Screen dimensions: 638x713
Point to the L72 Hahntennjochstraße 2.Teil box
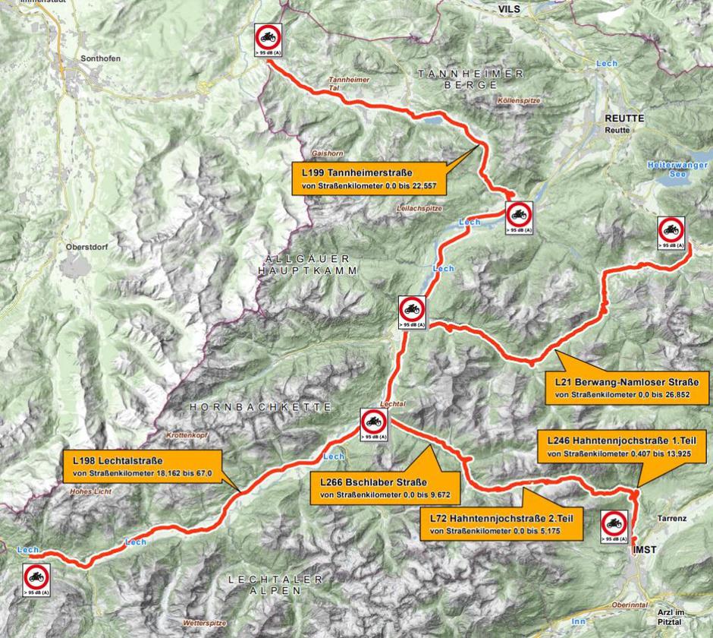click(501, 524)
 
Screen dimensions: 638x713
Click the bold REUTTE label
click(624, 118)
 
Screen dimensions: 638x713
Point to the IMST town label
click(645, 548)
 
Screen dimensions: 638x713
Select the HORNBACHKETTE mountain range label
click(260, 407)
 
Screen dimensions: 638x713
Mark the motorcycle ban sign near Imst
click(614, 526)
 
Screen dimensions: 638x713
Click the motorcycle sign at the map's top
click(269, 39)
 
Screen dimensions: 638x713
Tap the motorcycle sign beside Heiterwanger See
click(671, 232)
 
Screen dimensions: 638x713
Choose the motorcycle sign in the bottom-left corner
click(36, 580)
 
